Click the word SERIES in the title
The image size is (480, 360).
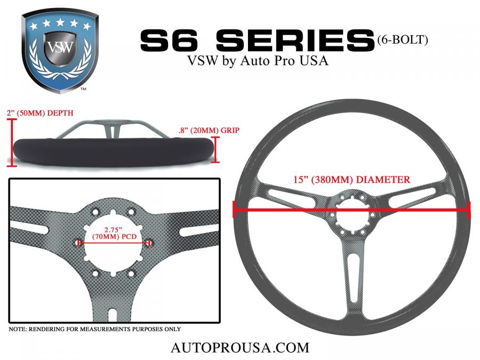(x=295, y=40)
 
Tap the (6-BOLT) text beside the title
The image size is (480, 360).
(x=403, y=40)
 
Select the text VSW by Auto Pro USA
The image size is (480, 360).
(x=258, y=61)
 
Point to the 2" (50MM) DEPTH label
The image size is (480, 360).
(x=40, y=113)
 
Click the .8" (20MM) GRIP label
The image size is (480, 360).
(x=209, y=131)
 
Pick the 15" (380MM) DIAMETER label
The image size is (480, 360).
(x=352, y=179)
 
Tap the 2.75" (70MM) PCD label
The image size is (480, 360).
(x=114, y=233)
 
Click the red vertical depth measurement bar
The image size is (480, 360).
(x=12, y=142)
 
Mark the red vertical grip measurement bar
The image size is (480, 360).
(x=216, y=149)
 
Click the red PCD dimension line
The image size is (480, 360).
(x=114, y=243)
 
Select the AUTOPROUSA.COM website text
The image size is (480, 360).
(x=240, y=348)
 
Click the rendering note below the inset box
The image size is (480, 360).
(x=94, y=330)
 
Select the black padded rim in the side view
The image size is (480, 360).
(x=113, y=152)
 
